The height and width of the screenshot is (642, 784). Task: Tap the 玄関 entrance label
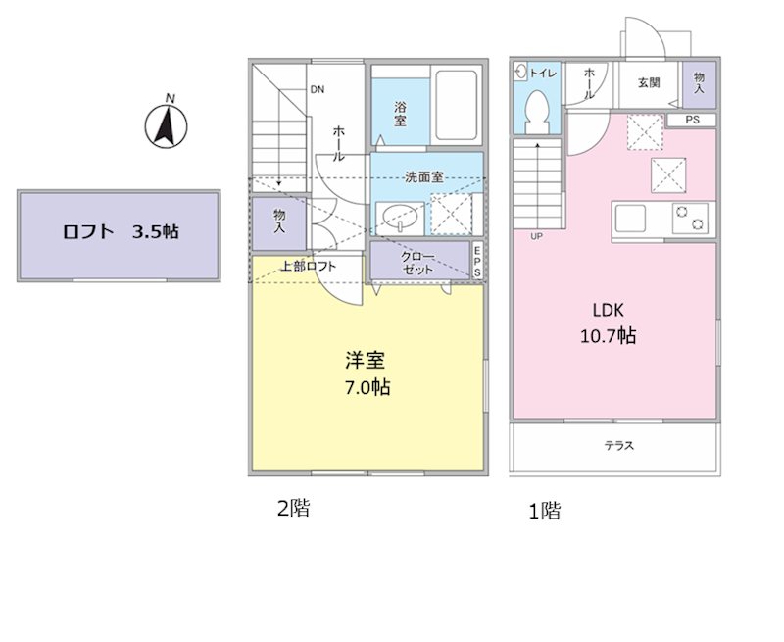649,83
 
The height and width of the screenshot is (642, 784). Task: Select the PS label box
692,121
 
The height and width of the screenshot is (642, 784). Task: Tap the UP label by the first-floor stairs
537,237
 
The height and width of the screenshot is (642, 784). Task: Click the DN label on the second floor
318,90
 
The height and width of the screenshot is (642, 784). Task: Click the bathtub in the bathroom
456,106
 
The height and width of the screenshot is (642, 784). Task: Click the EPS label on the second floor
477,262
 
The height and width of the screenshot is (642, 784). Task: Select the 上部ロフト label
309,266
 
